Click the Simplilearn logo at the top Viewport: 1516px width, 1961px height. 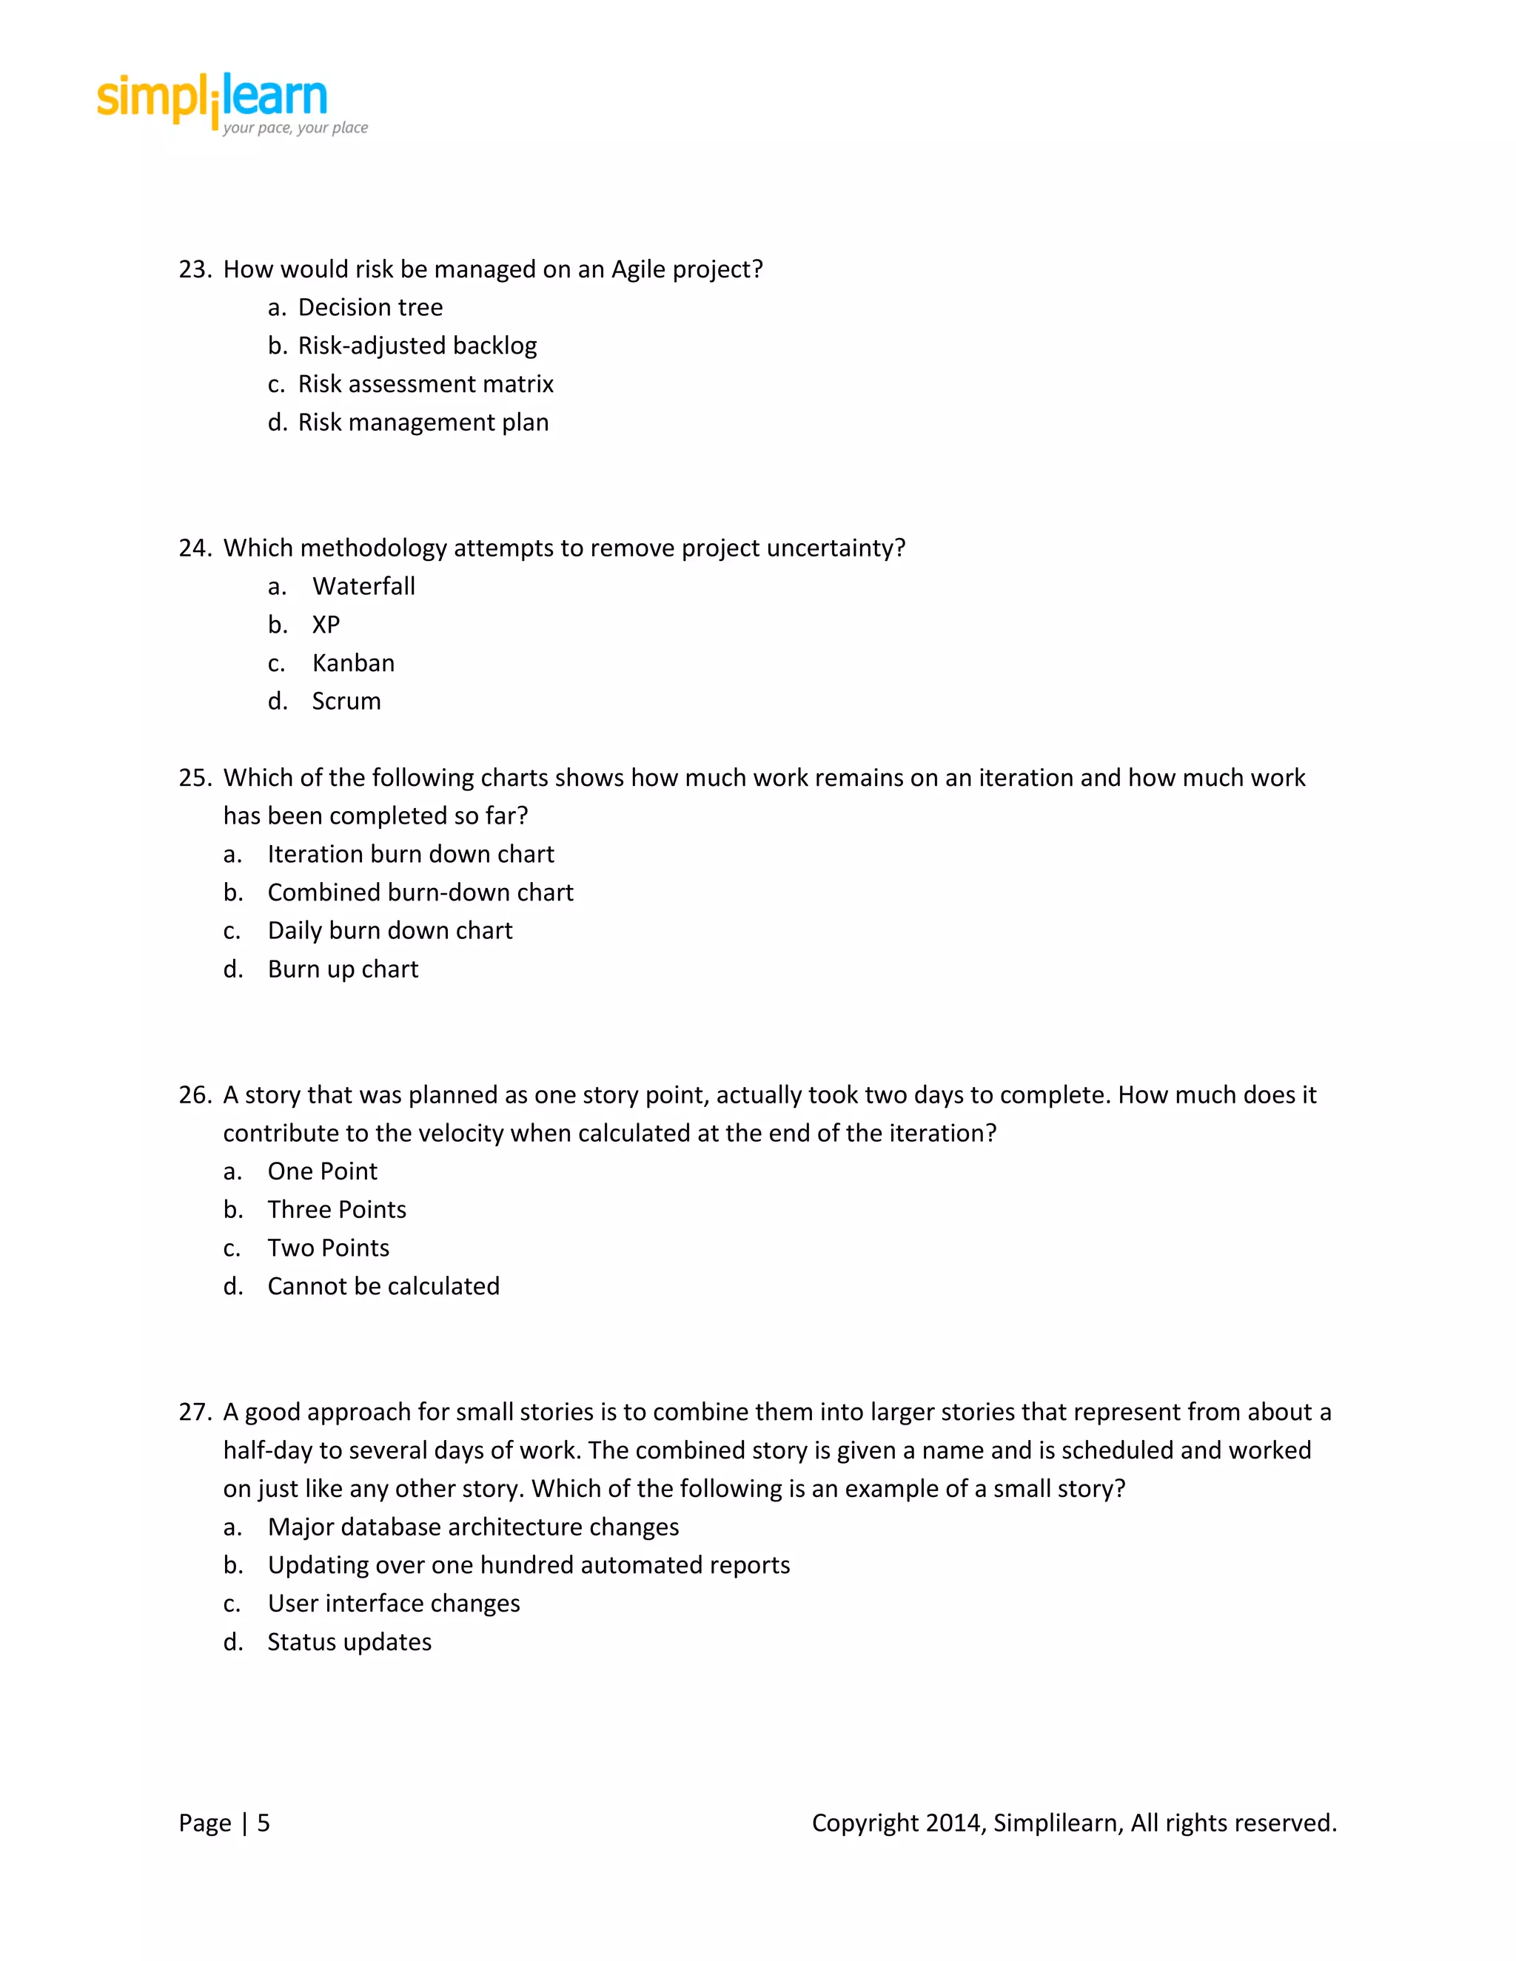point(232,104)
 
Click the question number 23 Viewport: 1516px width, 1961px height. point(194,269)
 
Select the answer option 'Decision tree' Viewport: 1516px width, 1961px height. point(370,308)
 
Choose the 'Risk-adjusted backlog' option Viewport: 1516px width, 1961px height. point(417,346)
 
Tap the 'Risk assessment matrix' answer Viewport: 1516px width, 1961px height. point(426,384)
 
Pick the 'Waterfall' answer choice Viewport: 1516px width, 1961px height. point(363,586)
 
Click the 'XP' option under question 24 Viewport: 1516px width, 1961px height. point(326,625)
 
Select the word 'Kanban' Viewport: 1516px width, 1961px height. point(353,664)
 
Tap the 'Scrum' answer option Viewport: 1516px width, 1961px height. point(346,702)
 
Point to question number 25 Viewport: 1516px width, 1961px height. point(194,778)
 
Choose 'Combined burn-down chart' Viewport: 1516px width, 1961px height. point(420,892)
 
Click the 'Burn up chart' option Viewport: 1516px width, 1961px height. point(343,969)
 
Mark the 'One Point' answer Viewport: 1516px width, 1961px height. point(323,1171)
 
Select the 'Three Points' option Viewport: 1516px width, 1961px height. point(337,1211)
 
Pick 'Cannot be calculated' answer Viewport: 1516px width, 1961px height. point(383,1287)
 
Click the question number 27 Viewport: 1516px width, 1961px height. point(194,1413)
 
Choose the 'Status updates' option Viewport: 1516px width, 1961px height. point(349,1642)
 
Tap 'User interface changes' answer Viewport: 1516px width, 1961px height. point(393,1604)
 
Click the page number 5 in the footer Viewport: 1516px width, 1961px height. point(263,1823)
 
